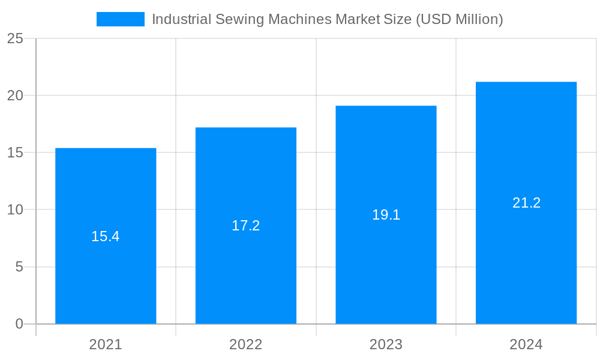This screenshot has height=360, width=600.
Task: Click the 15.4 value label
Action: point(106,236)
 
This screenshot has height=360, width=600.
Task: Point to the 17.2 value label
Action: point(246,226)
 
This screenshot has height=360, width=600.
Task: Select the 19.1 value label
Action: point(386,215)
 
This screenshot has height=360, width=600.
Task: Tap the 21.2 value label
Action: point(526,203)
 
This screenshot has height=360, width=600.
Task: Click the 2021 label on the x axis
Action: point(106,344)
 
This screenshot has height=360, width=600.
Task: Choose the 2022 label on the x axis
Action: point(246,344)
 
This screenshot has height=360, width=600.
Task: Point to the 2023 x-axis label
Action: point(386,344)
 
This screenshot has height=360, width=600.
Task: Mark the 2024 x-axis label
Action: point(526,344)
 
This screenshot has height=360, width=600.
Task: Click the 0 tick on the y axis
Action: point(19,324)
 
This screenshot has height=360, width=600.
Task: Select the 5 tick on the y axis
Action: point(19,267)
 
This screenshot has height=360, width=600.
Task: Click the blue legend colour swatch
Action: point(121,19)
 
